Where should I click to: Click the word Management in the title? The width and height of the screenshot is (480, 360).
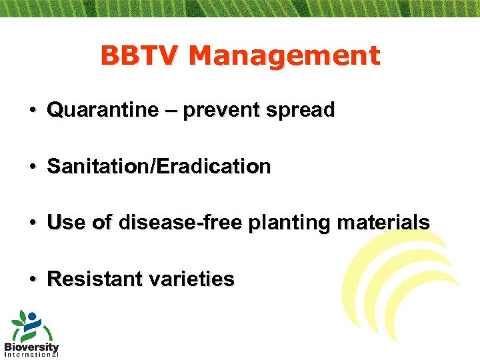click(x=284, y=56)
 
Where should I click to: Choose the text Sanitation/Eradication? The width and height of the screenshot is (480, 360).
click(x=159, y=167)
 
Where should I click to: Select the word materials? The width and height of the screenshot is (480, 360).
click(x=383, y=222)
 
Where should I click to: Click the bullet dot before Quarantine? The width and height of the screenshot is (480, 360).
click(x=32, y=111)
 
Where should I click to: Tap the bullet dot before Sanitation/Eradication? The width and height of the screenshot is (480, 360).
click(x=32, y=167)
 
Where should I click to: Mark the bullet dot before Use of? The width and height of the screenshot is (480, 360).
click(x=32, y=223)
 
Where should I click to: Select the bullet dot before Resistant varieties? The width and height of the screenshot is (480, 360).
click(x=32, y=279)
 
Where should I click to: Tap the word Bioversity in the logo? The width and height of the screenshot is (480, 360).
click(x=31, y=347)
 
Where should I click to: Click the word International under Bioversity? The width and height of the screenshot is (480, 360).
click(x=31, y=355)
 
